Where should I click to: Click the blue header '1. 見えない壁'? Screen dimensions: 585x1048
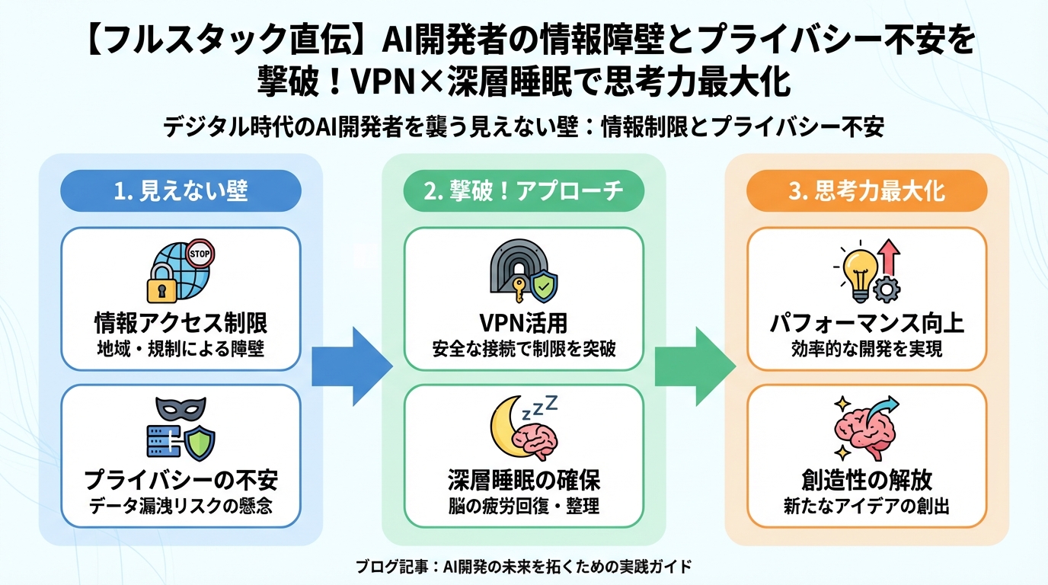(181, 190)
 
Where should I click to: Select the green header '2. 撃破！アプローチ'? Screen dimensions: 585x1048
(523, 190)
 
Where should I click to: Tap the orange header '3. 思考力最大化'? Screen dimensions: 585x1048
(866, 190)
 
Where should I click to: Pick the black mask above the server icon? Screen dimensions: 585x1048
(181, 411)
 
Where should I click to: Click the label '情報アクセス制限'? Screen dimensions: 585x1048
(181, 324)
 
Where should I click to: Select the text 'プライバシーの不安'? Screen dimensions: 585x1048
(181, 480)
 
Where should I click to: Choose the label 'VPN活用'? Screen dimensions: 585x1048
(523, 324)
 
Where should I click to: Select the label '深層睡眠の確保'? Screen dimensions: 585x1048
(523, 480)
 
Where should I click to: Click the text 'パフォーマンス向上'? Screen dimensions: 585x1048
(866, 324)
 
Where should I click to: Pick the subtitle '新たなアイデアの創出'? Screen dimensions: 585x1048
(866, 507)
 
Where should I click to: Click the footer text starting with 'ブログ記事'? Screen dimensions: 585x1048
(523, 567)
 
